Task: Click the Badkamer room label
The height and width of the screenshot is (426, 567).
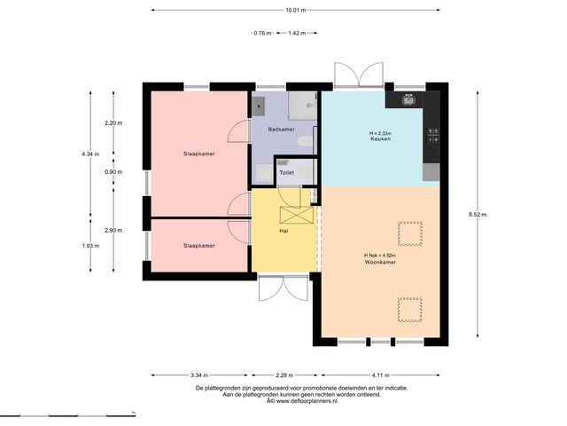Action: (x=281, y=130)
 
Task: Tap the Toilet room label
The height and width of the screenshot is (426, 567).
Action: (x=286, y=173)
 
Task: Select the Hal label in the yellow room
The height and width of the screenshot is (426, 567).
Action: (x=283, y=231)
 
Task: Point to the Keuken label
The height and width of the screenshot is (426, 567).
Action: (x=380, y=138)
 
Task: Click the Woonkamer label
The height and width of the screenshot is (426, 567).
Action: (x=380, y=262)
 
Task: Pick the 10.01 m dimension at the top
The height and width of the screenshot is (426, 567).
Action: (x=296, y=10)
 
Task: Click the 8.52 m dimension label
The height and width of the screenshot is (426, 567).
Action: (x=478, y=215)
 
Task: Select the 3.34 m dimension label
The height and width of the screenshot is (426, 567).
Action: (x=199, y=375)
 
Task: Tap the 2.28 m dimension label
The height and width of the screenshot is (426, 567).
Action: (x=284, y=375)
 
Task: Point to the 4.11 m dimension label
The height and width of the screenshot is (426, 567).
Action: (x=380, y=375)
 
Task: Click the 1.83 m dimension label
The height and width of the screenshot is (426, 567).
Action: (x=90, y=246)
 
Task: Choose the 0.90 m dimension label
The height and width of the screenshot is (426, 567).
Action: (x=113, y=172)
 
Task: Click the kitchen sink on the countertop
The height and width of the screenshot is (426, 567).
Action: (x=409, y=99)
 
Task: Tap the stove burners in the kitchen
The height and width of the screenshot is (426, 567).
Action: (x=433, y=135)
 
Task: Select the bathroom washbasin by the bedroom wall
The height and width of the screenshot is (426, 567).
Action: (x=258, y=106)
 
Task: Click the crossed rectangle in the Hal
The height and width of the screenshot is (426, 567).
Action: (x=297, y=215)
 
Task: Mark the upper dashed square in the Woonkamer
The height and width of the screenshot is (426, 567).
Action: (x=410, y=234)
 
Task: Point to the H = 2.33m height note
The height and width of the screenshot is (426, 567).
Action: (x=380, y=133)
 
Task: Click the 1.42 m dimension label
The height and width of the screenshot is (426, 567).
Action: (x=297, y=33)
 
